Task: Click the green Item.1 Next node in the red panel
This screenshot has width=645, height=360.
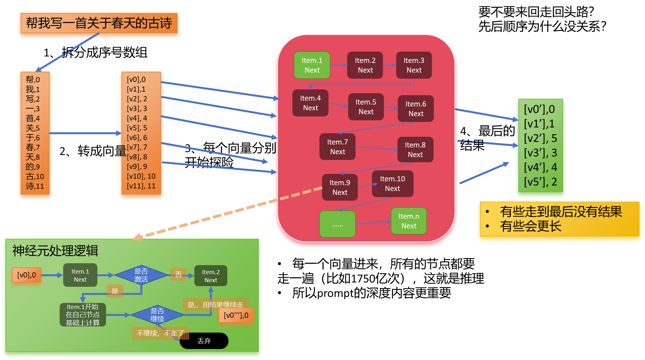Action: point(312,65)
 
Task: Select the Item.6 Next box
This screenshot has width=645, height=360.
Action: point(416,109)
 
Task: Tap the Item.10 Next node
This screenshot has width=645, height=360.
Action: point(393,184)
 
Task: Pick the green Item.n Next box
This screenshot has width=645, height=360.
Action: point(409,221)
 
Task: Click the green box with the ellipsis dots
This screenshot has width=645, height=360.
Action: point(337,224)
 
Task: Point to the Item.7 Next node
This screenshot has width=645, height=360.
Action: point(337,147)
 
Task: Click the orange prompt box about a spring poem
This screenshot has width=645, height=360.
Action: point(99,23)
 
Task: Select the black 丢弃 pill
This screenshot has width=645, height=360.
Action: point(204,341)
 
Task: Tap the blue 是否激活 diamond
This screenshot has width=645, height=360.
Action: point(141,275)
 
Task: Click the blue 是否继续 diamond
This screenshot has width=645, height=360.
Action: point(157,315)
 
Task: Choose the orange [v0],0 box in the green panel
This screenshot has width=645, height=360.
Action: point(27,275)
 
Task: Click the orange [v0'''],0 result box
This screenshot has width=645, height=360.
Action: point(236,315)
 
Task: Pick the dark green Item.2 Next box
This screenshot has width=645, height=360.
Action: point(211,276)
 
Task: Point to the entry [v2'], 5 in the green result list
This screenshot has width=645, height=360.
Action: point(541,138)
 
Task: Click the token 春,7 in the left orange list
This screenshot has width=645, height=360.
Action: point(33,147)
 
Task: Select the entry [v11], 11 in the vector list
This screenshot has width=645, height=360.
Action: point(141,186)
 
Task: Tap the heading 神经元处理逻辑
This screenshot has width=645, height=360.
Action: point(55,251)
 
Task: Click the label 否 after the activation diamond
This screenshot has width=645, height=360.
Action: point(178,275)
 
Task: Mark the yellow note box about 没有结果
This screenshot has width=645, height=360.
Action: point(560,219)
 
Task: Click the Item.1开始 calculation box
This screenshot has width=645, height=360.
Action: point(83,315)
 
